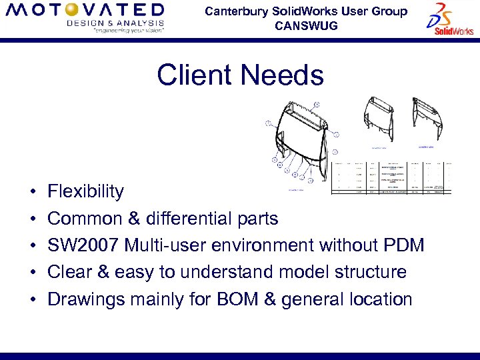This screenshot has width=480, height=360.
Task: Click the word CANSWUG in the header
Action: [x=306, y=26]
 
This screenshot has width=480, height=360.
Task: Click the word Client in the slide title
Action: [x=193, y=75]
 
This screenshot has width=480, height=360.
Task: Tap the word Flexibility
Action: [x=85, y=191]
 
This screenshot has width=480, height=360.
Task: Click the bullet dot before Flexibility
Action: [x=33, y=193]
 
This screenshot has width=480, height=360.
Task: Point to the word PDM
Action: [x=404, y=245]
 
